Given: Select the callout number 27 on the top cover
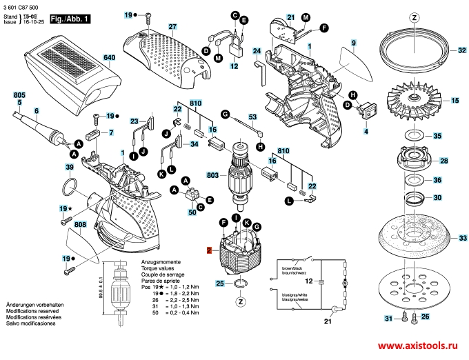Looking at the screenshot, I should click(172, 27).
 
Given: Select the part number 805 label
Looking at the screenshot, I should click(19, 94).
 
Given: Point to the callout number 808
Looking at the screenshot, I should click(81, 225).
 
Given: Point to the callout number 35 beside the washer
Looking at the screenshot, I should click(455, 137).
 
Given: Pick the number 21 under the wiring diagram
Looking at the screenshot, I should click(328, 321).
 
